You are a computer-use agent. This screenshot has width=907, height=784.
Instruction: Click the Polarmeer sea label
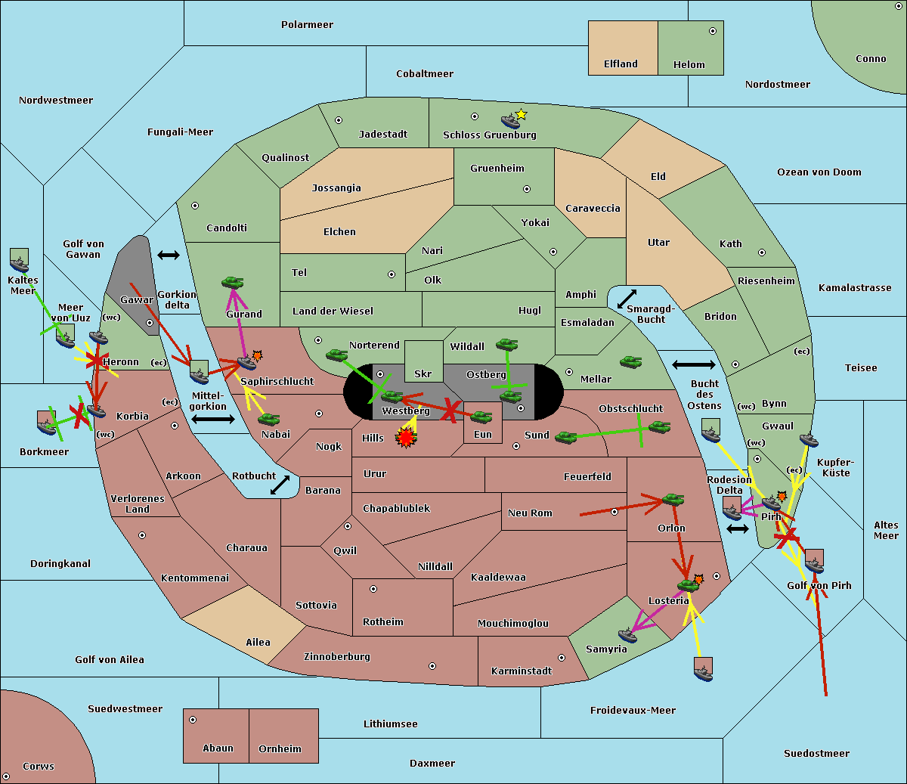coord(307,25)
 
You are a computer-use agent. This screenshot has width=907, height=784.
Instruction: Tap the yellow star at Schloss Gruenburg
coord(521,114)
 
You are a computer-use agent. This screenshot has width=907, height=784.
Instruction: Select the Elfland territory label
coord(621,64)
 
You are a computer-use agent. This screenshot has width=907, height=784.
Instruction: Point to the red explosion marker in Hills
coord(406,437)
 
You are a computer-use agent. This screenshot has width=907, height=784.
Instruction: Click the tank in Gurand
coord(233,282)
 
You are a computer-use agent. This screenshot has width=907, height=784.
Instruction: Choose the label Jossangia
coord(336,188)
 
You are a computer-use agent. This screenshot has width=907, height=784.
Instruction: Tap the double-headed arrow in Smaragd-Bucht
coord(627,299)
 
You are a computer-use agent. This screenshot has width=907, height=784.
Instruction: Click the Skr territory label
coord(423,373)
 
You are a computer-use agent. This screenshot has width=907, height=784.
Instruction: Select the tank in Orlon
coord(673,499)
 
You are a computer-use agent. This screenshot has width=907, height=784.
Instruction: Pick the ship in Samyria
coord(627,634)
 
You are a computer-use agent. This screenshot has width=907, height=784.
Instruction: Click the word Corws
coord(39,767)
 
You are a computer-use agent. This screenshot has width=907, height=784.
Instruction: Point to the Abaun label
coord(218,748)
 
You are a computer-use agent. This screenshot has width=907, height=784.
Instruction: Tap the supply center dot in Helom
coord(712,31)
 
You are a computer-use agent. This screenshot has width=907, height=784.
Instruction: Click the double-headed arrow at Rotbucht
coord(280,485)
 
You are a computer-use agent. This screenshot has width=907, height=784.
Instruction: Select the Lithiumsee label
coord(390,724)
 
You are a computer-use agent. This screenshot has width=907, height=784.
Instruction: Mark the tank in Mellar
coord(630,362)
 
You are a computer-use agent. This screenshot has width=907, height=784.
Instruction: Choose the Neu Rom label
coord(530,513)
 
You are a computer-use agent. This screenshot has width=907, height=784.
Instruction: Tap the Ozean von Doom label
coord(819,172)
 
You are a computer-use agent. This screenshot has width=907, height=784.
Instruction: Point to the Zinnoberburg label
coord(337,657)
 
